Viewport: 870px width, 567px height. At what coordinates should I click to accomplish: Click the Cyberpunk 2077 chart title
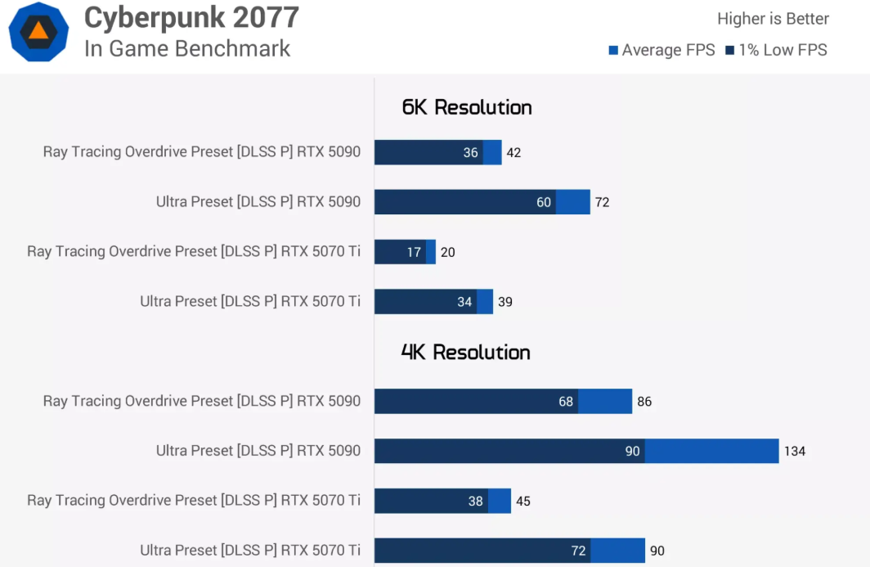click(x=191, y=17)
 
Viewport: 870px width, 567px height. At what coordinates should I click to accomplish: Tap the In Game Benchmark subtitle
click(x=187, y=49)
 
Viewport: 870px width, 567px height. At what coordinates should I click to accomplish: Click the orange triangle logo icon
click(x=38, y=31)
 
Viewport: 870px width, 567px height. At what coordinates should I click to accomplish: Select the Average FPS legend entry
click(x=662, y=50)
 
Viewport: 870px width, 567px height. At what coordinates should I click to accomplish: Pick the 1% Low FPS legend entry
click(x=776, y=50)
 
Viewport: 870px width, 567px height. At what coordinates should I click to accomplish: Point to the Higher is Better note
click(x=773, y=19)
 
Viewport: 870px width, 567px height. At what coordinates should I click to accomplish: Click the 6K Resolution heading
click(x=467, y=107)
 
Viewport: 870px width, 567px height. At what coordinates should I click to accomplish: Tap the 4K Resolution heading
click(x=465, y=352)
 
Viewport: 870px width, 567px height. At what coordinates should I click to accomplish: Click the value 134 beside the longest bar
click(x=795, y=451)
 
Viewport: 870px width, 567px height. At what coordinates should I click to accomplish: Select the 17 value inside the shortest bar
click(x=414, y=252)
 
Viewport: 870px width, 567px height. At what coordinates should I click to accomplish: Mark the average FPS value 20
click(x=448, y=252)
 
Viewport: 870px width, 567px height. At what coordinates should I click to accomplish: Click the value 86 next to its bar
click(x=644, y=402)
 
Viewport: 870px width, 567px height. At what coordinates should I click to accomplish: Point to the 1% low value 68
click(x=566, y=402)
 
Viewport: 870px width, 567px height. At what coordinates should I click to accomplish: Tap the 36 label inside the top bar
click(x=470, y=153)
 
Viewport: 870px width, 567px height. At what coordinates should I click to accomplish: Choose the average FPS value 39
click(x=505, y=302)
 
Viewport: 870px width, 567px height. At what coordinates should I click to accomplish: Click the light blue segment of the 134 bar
click(x=712, y=451)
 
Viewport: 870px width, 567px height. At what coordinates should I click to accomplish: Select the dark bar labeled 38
click(x=431, y=501)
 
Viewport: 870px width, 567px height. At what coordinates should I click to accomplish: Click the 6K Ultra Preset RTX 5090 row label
click(x=258, y=201)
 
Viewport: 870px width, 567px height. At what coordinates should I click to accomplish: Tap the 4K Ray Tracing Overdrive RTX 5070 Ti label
click(x=194, y=501)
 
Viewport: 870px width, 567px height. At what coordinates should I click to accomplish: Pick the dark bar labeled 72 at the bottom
click(x=482, y=551)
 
